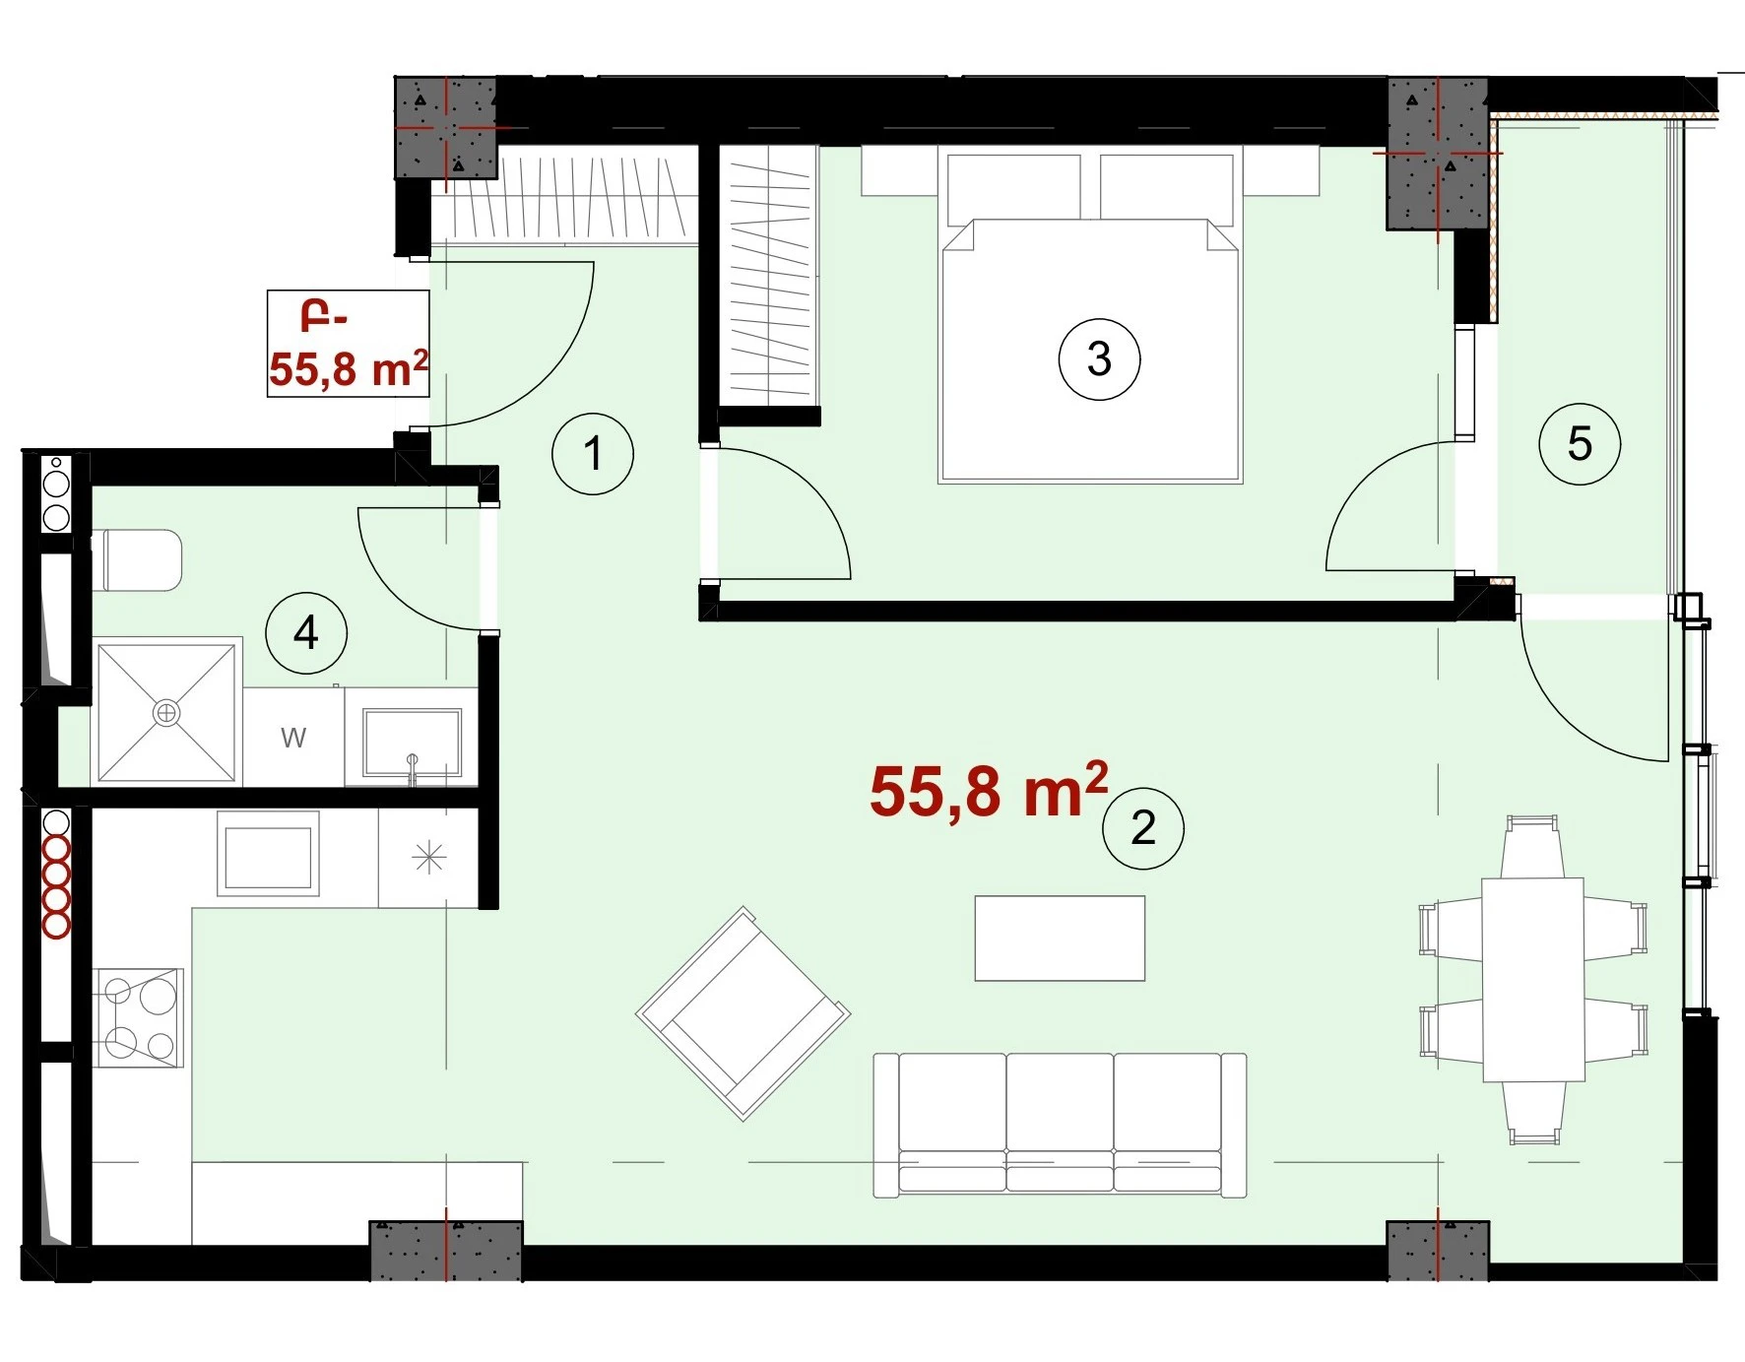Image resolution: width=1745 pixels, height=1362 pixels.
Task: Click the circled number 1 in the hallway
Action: click(x=592, y=454)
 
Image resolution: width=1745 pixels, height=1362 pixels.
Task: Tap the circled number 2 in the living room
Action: click(x=1142, y=828)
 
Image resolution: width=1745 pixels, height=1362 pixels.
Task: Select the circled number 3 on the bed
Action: click(x=1099, y=359)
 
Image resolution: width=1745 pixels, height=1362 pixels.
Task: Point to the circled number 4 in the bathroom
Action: click(x=306, y=633)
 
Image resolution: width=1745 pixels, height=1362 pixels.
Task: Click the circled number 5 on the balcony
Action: click(x=1580, y=444)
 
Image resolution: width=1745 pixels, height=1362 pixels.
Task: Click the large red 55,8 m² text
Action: click(x=989, y=790)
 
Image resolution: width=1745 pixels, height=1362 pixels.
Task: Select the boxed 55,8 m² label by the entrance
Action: click(x=349, y=344)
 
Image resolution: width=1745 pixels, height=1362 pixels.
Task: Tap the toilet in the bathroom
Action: click(x=138, y=560)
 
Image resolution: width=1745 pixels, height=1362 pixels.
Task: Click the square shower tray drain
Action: click(x=166, y=712)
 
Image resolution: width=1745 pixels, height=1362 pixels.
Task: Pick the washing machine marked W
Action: click(x=293, y=737)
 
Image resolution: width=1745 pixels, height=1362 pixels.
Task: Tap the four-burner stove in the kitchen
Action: click(x=139, y=1018)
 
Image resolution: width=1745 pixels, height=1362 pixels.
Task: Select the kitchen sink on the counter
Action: click(x=268, y=854)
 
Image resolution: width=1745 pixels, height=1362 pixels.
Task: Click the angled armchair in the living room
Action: click(x=743, y=1013)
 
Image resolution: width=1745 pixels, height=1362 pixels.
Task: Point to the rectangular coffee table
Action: click(x=1060, y=939)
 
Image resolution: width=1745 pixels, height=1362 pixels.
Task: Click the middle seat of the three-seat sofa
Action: click(x=1061, y=1124)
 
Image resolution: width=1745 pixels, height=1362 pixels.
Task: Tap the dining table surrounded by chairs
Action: click(x=1533, y=980)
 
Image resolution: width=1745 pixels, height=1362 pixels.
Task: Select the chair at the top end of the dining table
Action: click(x=1532, y=846)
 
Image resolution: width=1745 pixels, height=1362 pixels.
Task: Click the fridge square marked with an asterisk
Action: click(x=429, y=858)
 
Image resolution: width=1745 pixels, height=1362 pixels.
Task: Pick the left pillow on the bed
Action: click(x=1014, y=188)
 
